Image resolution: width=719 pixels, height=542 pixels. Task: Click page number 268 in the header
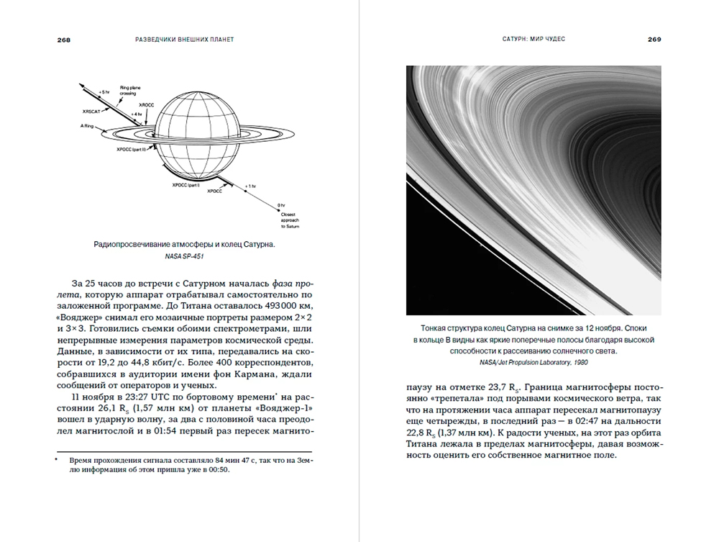pos(64,39)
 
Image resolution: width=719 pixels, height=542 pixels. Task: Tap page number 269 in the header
pos(654,39)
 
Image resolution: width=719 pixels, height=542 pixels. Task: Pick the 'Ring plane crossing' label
pos(130,91)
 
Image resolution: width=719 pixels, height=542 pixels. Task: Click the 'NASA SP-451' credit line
pos(185,257)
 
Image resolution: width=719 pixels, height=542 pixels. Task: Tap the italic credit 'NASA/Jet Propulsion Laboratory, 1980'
pos(533,361)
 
